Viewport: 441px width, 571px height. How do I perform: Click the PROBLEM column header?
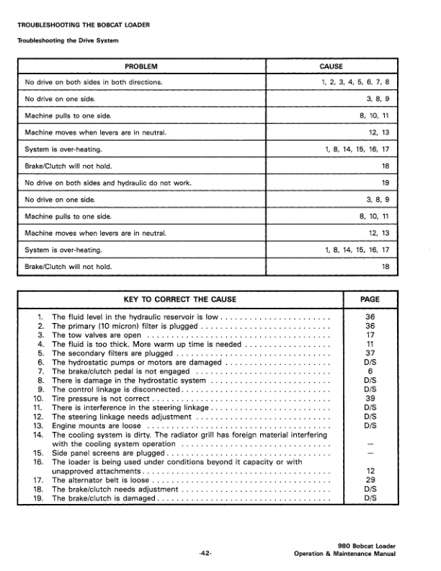(x=141, y=66)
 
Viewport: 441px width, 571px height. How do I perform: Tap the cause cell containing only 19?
(x=385, y=183)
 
